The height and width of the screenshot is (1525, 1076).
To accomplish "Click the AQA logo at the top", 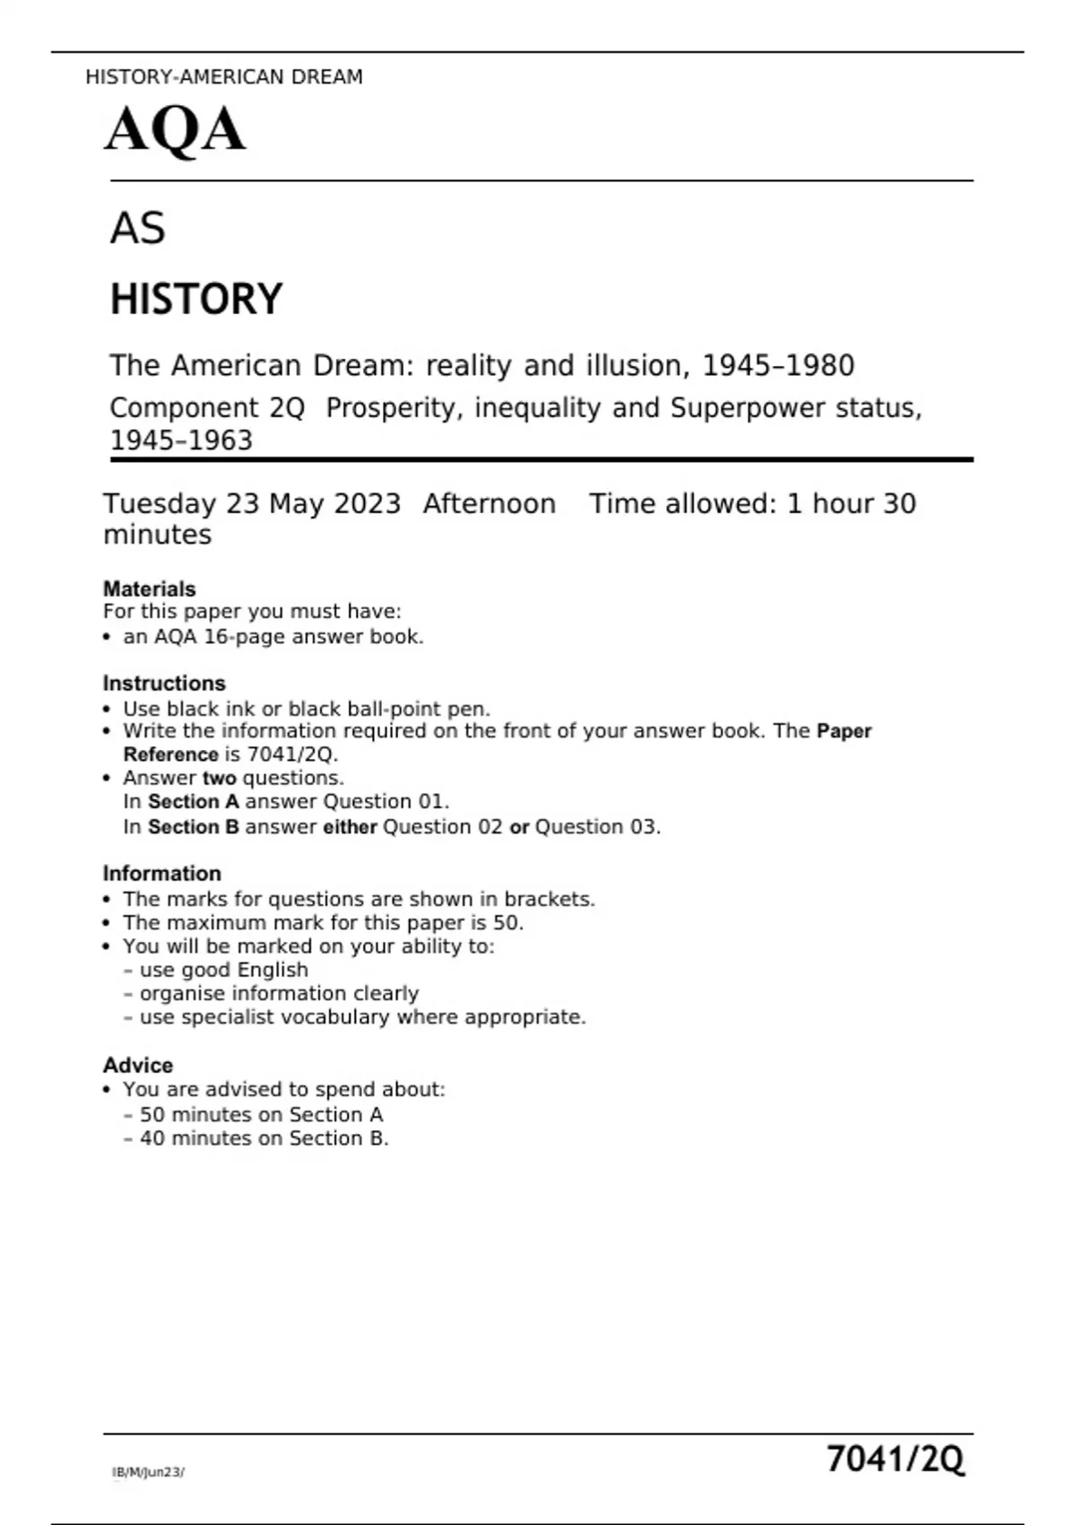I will pyautogui.click(x=175, y=129).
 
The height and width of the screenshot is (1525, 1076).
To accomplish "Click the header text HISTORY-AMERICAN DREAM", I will pyautogui.click(x=224, y=77).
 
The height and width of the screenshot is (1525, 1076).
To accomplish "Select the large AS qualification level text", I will pyautogui.click(x=137, y=228).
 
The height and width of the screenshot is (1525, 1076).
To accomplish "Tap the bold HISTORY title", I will pyautogui.click(x=195, y=299).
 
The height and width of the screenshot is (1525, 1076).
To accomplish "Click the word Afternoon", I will pyautogui.click(x=489, y=504).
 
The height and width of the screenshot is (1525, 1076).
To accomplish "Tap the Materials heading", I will pyautogui.click(x=149, y=588).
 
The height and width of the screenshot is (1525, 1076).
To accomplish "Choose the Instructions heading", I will pyautogui.click(x=164, y=683).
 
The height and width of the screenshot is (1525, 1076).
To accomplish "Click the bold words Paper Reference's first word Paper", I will pyautogui.click(x=844, y=731).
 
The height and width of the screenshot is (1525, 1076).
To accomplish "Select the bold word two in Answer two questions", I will pyautogui.click(x=219, y=778).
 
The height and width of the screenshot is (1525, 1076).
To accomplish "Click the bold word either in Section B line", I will pyautogui.click(x=350, y=827).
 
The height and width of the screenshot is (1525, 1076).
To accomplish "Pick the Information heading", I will pyautogui.click(x=161, y=874).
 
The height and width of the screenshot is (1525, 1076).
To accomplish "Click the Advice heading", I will pyautogui.click(x=138, y=1065).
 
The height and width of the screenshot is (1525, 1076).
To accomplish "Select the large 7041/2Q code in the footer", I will pyautogui.click(x=895, y=1460).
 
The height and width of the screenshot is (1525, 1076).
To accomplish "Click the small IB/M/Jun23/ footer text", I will pyautogui.click(x=148, y=1472).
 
